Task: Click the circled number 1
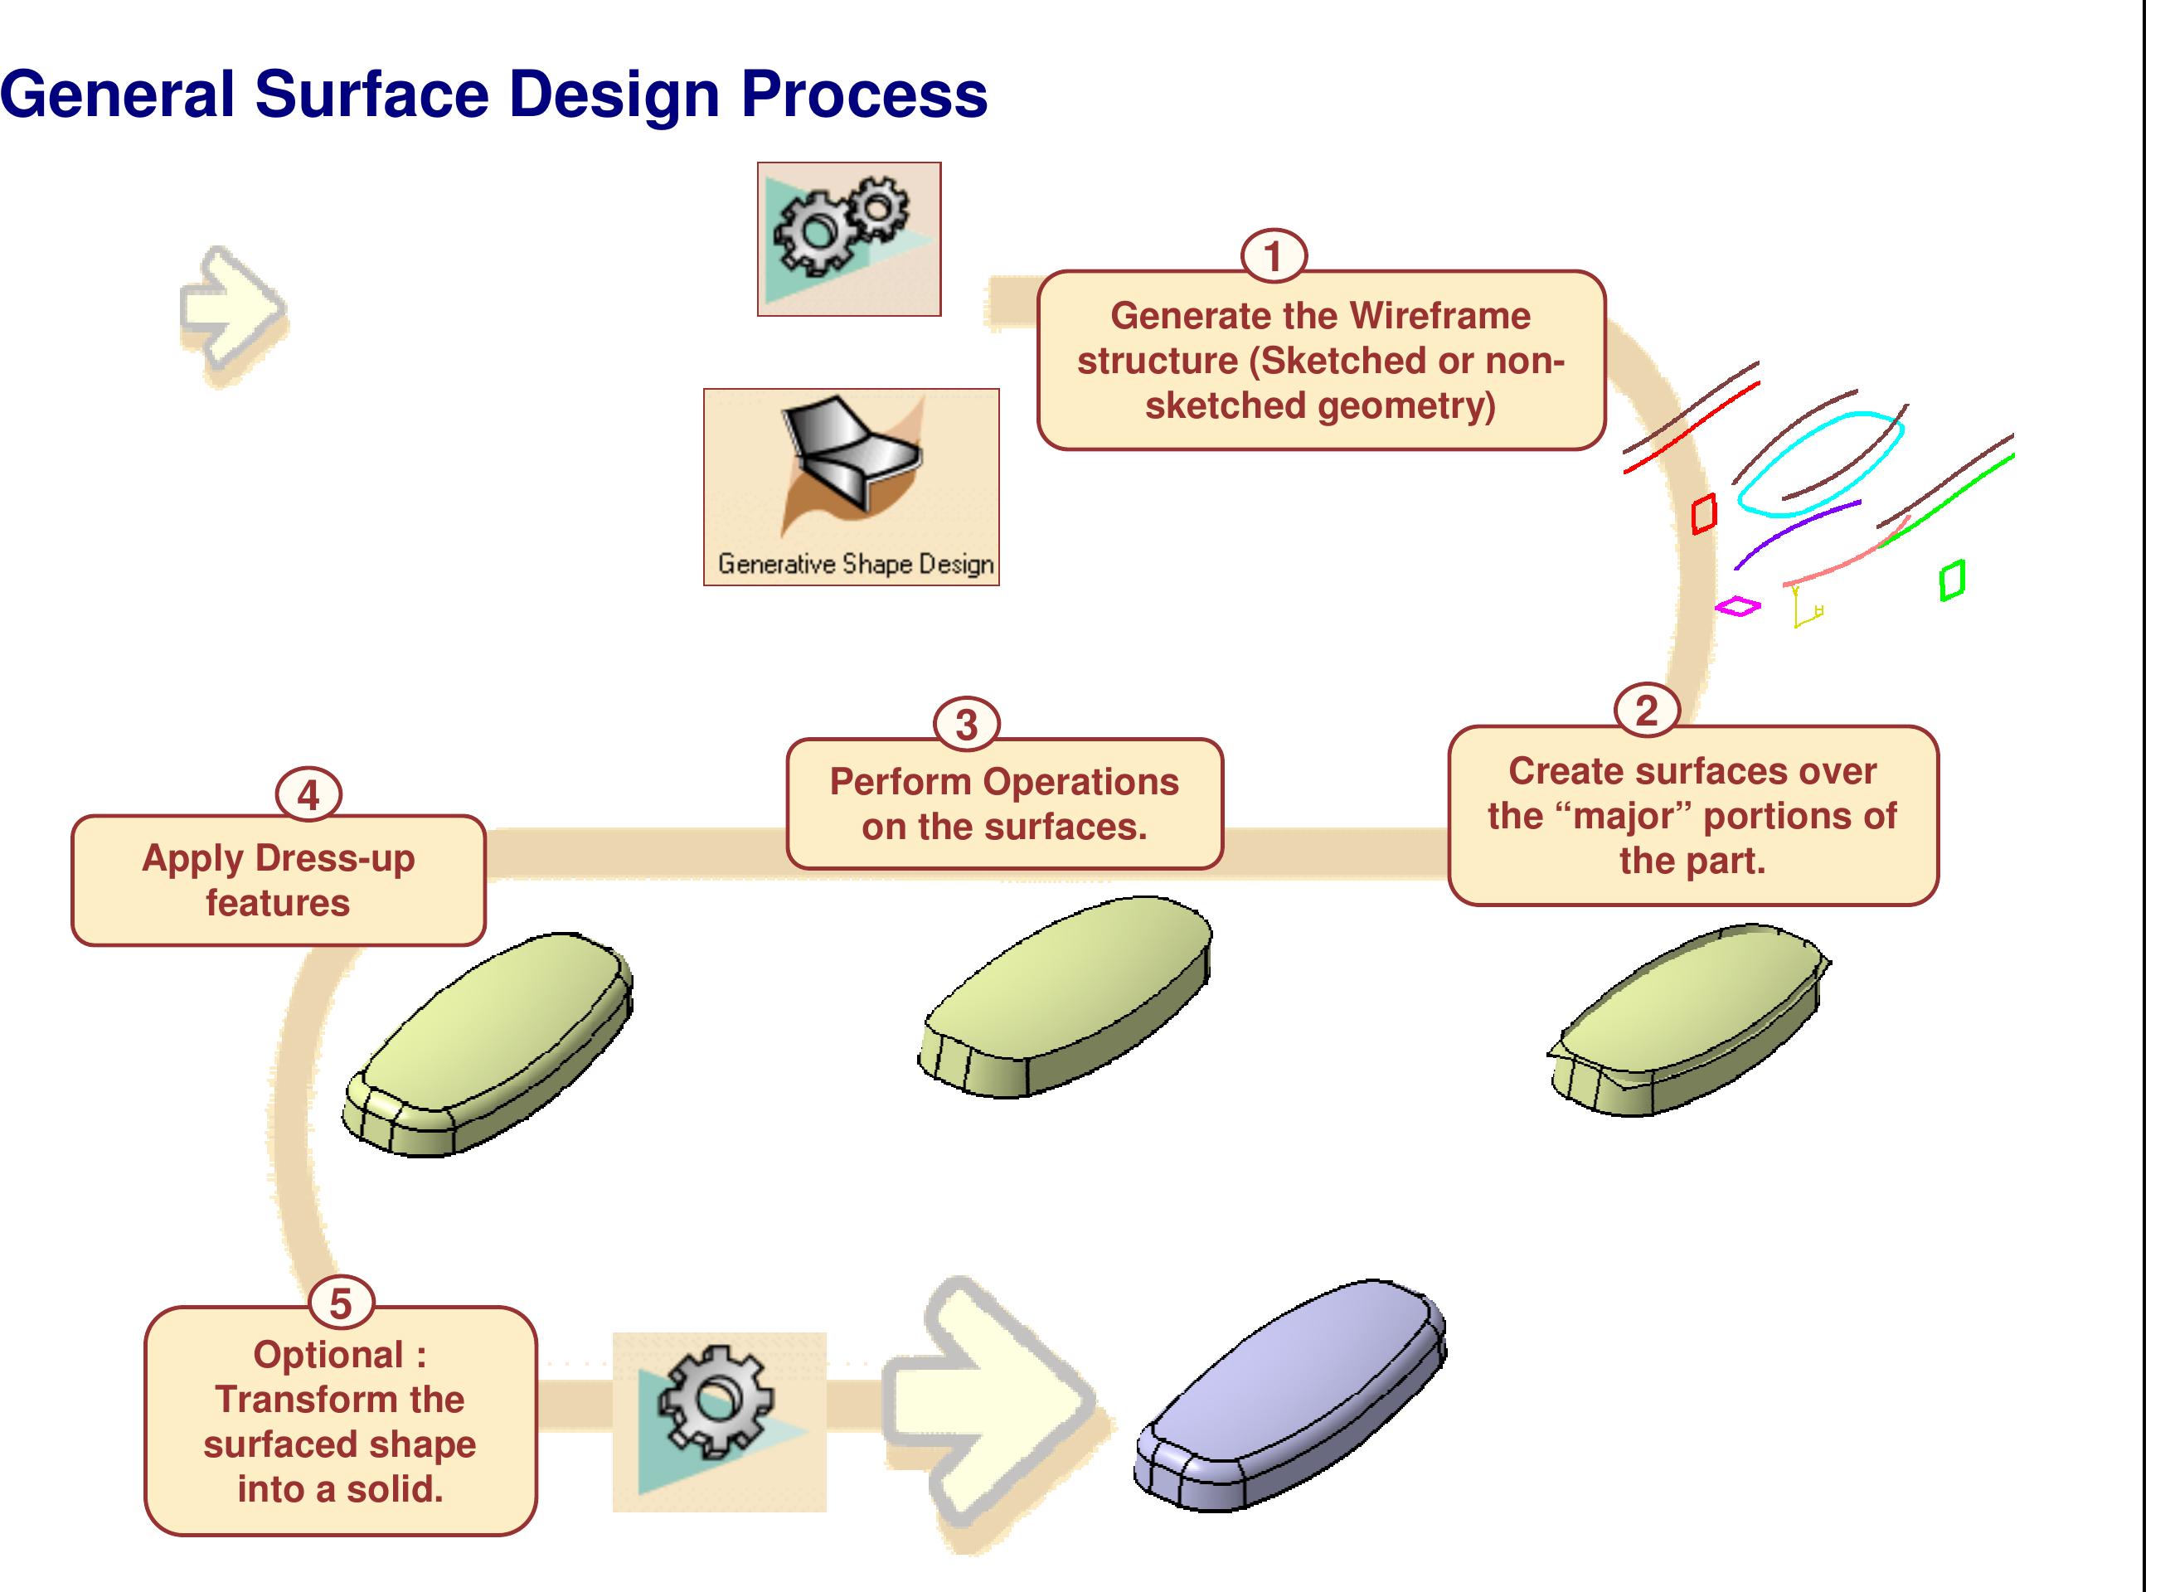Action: [x=1273, y=256]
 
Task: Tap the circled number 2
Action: [x=1647, y=711]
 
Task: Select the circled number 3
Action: [x=967, y=725]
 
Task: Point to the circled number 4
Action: [x=308, y=796]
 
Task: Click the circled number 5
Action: [x=341, y=1303]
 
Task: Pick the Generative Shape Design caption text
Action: [x=855, y=564]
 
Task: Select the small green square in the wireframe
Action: [x=1951, y=580]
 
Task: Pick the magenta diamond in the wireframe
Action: [x=1737, y=606]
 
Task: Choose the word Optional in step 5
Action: [x=328, y=1355]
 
